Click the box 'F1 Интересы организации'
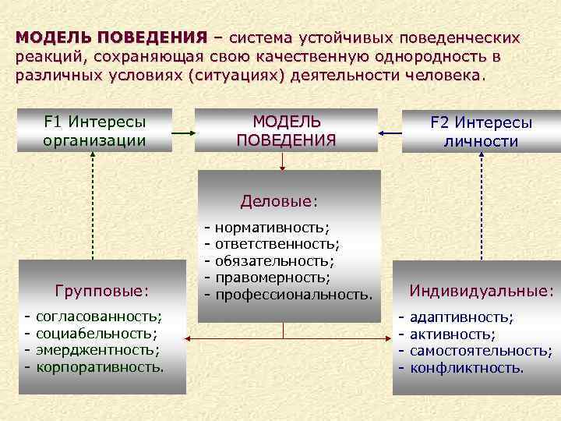(x=95, y=130)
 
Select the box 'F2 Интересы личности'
(x=481, y=132)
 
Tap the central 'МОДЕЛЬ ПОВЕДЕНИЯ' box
(x=286, y=130)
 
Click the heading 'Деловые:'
(x=280, y=201)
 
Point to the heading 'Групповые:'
(x=102, y=291)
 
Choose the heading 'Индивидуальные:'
(x=481, y=291)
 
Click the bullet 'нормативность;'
(x=272, y=227)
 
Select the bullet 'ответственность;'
(x=277, y=244)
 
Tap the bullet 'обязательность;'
(x=275, y=260)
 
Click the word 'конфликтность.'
(x=467, y=367)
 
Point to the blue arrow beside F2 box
(x=391, y=133)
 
